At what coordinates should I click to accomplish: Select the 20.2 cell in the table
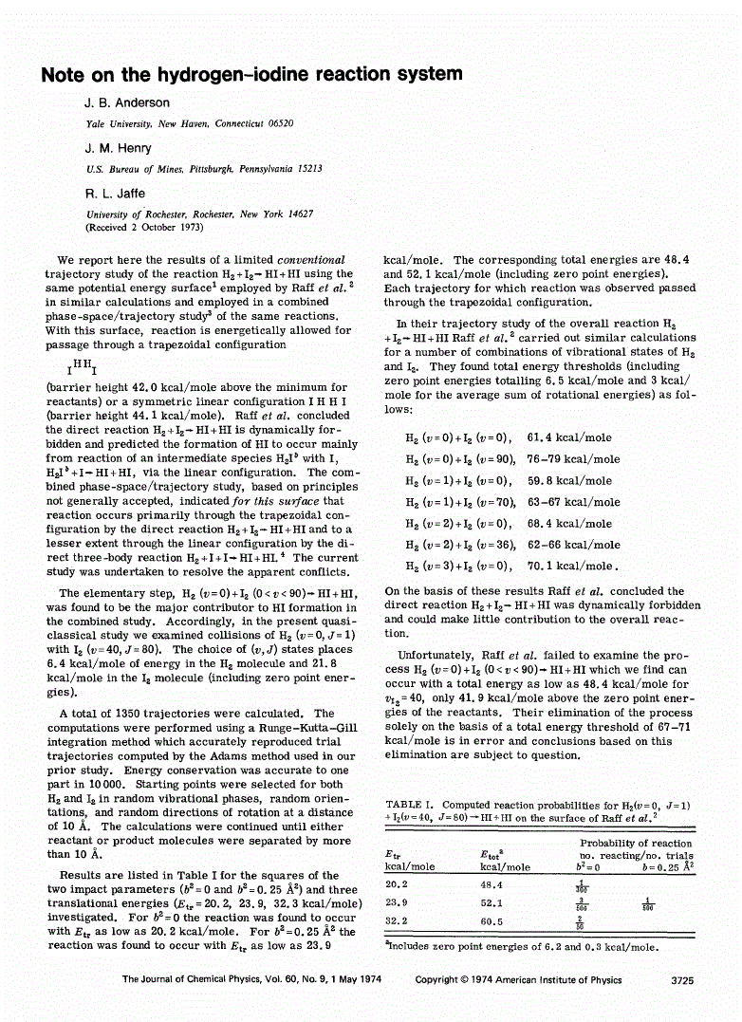coord(397,883)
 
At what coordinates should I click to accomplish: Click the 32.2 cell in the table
coord(397,920)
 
